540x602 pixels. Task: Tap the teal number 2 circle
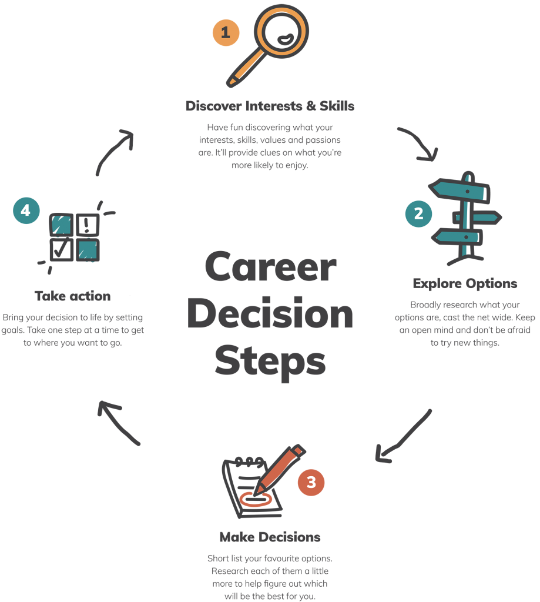point(418,213)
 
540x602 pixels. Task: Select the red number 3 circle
point(311,483)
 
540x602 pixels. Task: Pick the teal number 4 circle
point(26,210)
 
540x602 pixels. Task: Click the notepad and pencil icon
point(259,482)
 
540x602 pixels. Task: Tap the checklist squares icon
point(75,238)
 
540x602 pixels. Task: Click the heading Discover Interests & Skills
point(270,106)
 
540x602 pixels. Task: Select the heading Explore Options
point(465,283)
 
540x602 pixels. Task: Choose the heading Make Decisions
point(270,537)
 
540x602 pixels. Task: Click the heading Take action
point(72,295)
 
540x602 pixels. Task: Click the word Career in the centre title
point(270,268)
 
